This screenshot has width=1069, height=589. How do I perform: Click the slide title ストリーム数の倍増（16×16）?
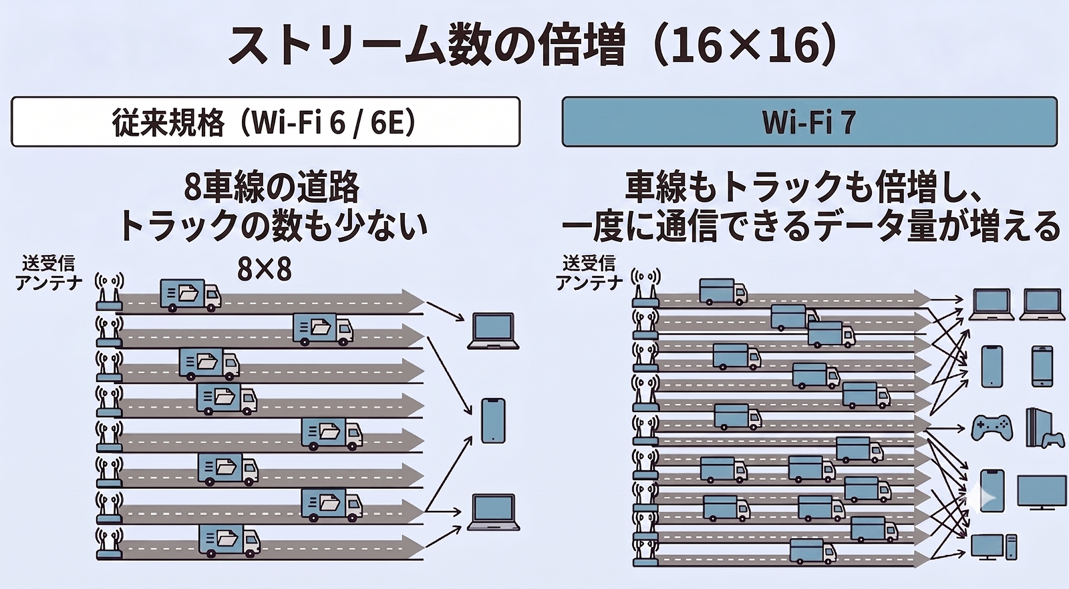[x=533, y=46]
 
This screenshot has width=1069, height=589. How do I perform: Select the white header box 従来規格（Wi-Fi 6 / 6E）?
[x=265, y=122]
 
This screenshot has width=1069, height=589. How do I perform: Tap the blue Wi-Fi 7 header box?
[x=809, y=122]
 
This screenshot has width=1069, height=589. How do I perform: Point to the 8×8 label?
[x=265, y=270]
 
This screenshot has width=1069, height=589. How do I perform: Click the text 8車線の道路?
[x=272, y=188]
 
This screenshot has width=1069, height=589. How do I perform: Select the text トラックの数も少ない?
[x=273, y=226]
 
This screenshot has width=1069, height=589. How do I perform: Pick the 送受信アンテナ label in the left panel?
[x=48, y=273]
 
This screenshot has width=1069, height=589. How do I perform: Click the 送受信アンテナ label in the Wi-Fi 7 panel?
[x=589, y=273]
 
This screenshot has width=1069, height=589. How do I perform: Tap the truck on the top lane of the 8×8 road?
[x=190, y=295]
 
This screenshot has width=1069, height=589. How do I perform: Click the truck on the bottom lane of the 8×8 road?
[x=230, y=541]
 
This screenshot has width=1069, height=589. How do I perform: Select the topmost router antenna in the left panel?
[x=110, y=291]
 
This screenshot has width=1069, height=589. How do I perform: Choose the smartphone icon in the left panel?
[x=493, y=421]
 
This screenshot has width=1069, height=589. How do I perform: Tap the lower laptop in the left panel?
[x=493, y=512]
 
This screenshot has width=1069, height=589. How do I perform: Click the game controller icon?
[x=992, y=428]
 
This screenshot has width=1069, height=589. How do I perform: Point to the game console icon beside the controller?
[x=1045, y=428]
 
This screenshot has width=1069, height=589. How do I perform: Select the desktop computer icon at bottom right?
[x=994, y=547]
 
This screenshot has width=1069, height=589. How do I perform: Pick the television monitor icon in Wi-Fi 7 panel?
[x=1042, y=492]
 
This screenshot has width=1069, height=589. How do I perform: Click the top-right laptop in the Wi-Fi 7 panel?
[x=1042, y=305]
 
